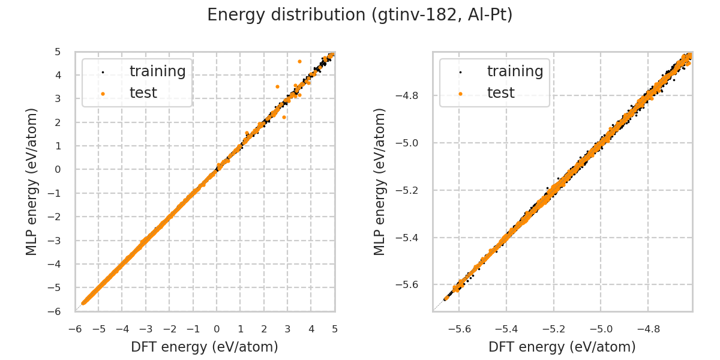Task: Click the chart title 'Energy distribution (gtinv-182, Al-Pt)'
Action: (360, 15)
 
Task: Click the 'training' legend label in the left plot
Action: (157, 71)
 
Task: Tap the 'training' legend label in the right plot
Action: (515, 71)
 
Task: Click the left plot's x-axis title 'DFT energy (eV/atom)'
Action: (205, 347)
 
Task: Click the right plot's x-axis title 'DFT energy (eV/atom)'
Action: (562, 347)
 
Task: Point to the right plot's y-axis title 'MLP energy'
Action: (380, 181)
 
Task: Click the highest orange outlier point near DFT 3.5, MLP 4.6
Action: (299, 61)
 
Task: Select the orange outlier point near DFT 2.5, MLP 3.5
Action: (277, 86)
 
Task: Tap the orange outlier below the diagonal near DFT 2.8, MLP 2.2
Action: (284, 117)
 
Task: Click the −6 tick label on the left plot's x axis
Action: (75, 329)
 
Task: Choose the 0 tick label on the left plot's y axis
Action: (58, 169)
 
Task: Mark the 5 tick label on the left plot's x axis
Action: (335, 329)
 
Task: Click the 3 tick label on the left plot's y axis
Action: (58, 98)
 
